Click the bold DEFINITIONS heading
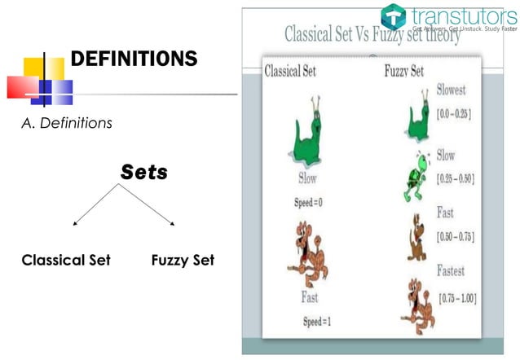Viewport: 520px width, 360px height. (134, 59)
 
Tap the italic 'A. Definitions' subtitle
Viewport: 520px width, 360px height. (67, 124)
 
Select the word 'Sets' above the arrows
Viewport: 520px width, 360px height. (144, 173)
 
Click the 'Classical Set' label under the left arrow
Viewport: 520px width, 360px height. (66, 261)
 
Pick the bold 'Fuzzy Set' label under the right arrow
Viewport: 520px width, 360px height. (183, 261)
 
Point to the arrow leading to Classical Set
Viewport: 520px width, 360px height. (95, 204)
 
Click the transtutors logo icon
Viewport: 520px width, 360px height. (393, 16)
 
